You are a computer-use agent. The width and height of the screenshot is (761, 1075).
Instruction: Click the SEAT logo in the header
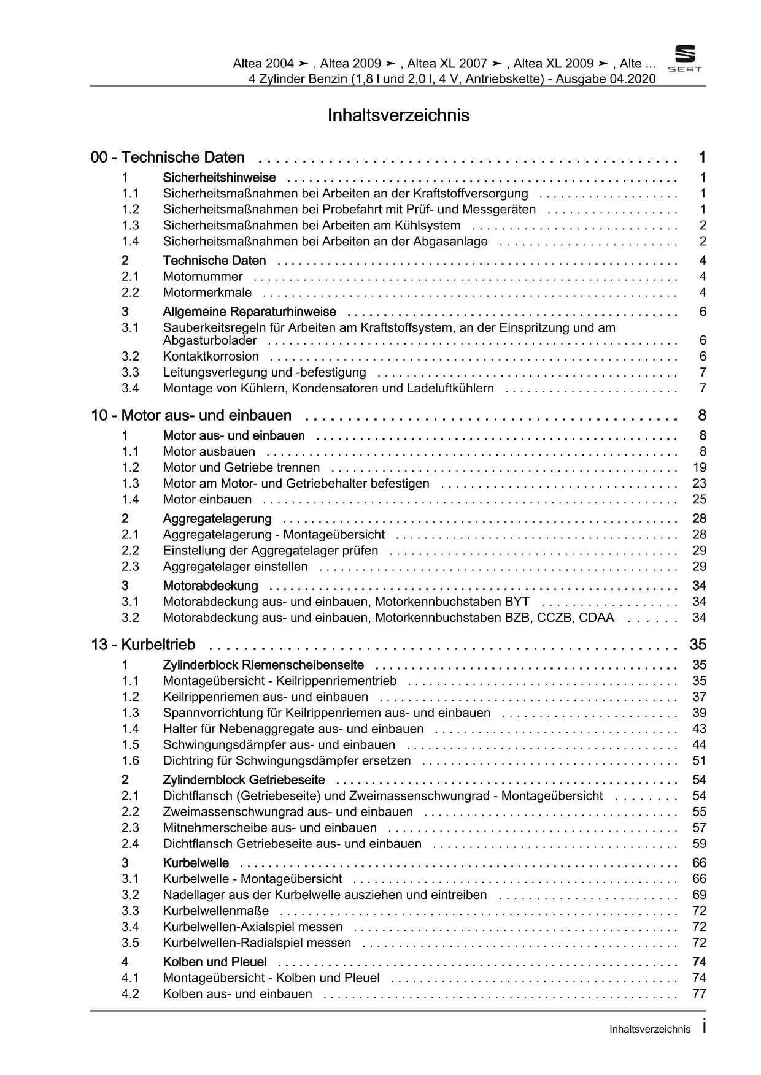[x=684, y=59]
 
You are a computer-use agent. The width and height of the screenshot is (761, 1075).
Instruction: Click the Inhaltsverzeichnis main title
[x=398, y=115]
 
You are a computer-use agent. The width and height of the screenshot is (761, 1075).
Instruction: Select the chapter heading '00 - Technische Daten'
[x=168, y=158]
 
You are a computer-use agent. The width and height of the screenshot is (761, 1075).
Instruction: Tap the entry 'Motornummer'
[x=203, y=277]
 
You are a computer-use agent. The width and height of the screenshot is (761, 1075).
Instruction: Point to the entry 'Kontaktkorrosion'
[x=211, y=356]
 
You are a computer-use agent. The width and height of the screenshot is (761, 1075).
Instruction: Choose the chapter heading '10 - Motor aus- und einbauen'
[x=191, y=416]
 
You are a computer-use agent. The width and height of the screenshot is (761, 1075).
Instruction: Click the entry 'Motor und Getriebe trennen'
[x=241, y=467]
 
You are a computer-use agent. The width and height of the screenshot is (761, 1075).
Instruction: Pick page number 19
[x=699, y=467]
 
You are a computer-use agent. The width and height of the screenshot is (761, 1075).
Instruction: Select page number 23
[x=699, y=483]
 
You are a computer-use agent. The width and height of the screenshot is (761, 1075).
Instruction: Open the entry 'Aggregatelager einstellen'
[x=235, y=567]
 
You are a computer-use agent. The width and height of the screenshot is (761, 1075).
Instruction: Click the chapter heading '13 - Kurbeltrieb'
[x=143, y=645]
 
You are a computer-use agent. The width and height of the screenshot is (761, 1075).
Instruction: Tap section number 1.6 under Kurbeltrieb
[x=130, y=760]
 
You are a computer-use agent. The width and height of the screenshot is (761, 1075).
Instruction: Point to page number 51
[x=699, y=760]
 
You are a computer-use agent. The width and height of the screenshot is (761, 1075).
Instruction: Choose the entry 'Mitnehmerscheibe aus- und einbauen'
[x=269, y=828]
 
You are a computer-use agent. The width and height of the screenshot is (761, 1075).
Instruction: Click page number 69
[x=699, y=895]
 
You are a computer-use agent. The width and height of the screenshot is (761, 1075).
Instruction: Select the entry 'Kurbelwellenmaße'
[x=215, y=911]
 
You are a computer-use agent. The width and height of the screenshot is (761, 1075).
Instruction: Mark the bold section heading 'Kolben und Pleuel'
[x=215, y=962]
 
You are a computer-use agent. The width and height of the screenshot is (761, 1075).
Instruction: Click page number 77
[x=699, y=993]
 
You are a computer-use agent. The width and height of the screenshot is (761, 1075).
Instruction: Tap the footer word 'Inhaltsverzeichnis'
[x=649, y=1030]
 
